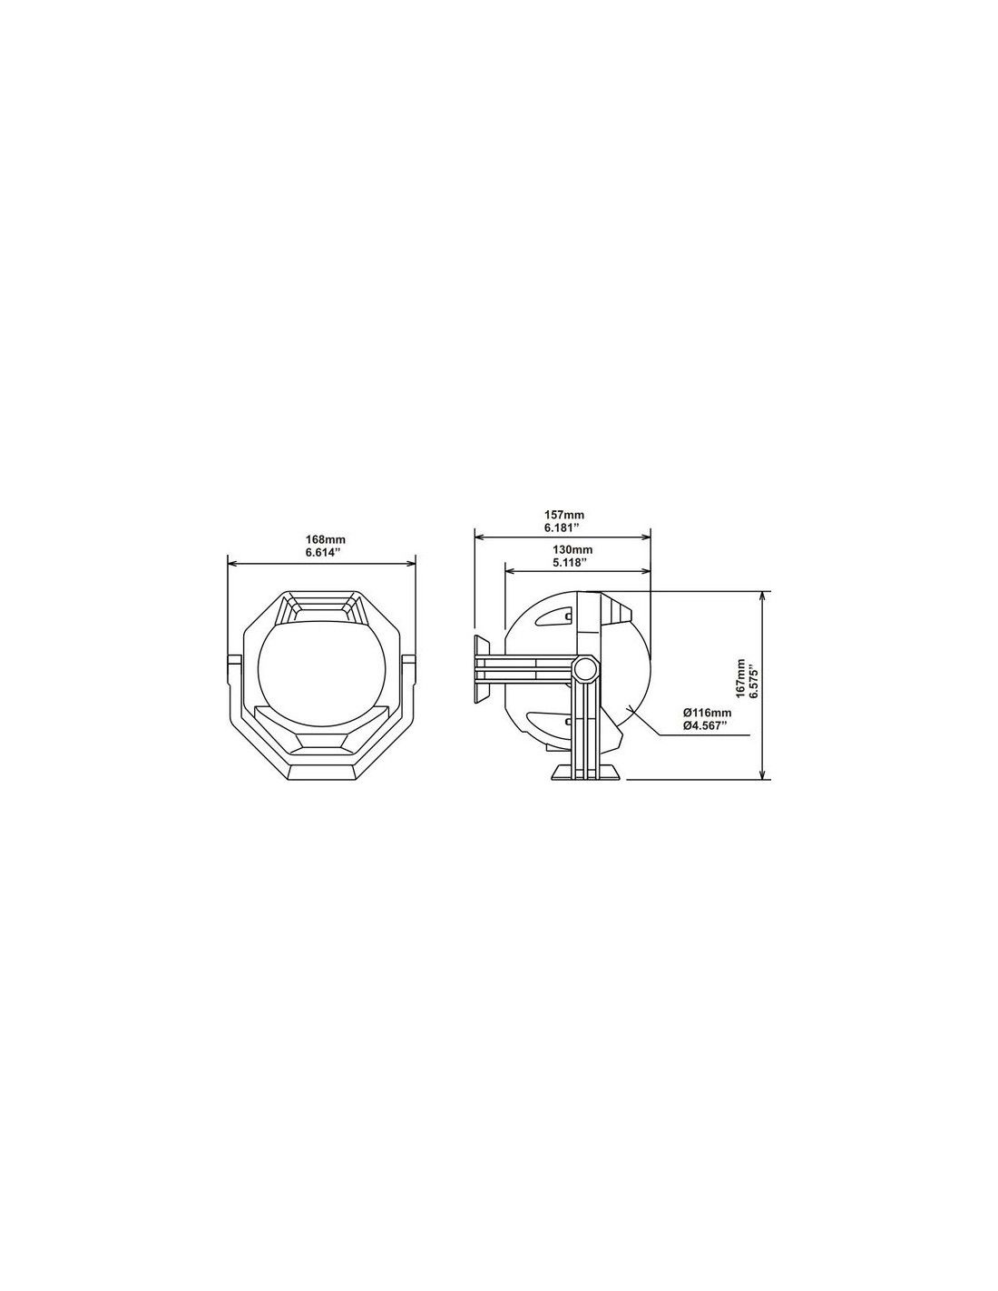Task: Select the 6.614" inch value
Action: [x=322, y=552]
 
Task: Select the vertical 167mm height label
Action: [x=739, y=678]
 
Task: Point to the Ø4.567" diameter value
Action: [x=705, y=724]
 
